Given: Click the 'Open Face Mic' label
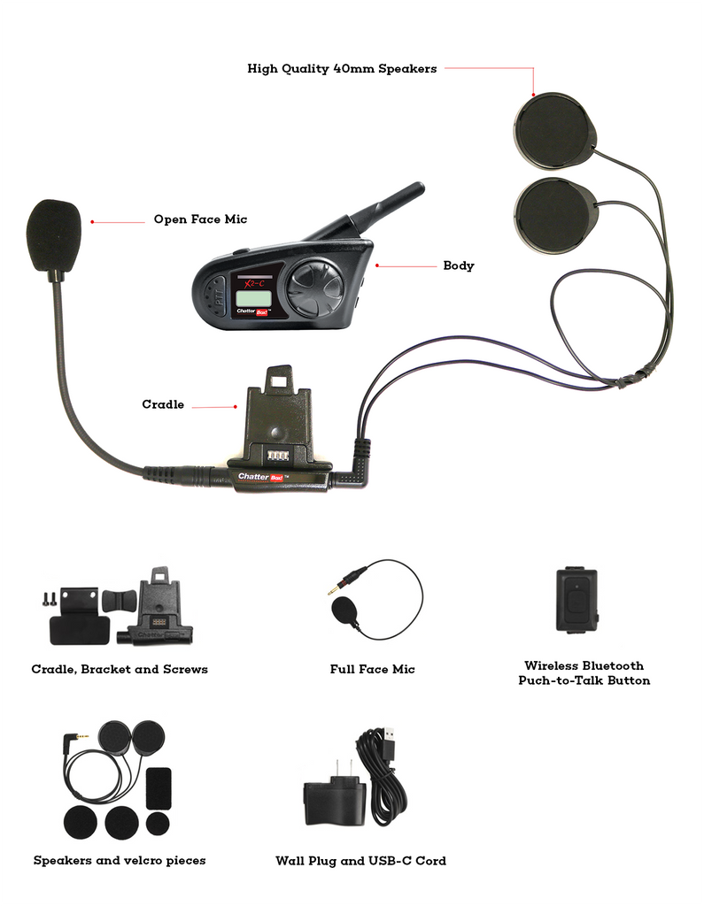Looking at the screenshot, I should point(200,219).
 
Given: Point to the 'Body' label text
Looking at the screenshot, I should point(458,265).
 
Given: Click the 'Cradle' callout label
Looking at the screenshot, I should point(163,404).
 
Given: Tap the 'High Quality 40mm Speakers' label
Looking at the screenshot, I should point(341,68).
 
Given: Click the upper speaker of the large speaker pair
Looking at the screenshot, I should point(554,133).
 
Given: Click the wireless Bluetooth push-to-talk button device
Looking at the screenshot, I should point(576,599).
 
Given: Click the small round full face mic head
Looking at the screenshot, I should point(344,610).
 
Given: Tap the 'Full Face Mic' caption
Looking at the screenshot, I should point(372,670).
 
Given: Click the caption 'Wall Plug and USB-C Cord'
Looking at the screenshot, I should point(360,861).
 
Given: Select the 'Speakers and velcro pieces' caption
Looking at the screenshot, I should point(120,860).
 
